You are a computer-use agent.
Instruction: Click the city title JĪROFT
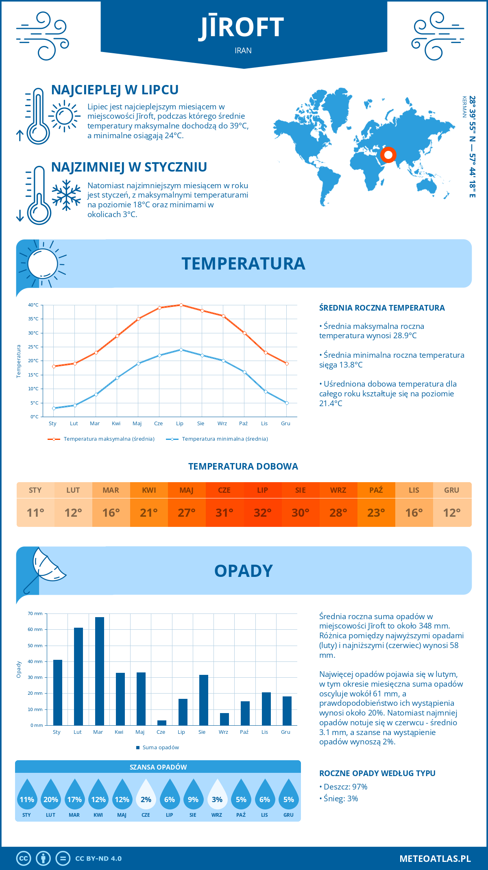243,27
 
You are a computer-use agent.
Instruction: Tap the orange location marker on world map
388,155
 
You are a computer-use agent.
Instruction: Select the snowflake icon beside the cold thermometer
66,195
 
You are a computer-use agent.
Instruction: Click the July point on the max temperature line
181,305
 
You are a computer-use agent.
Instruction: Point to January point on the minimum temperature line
54,408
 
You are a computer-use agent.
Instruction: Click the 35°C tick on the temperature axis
33,319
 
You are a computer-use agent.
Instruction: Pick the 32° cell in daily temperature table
262,513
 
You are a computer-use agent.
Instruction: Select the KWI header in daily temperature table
149,490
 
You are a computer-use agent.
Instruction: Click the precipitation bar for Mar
99,671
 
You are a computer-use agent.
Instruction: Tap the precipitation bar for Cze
161,722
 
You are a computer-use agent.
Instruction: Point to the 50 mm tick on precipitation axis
35,646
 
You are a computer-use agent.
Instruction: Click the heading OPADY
243,571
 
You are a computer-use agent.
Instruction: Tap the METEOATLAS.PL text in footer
435,859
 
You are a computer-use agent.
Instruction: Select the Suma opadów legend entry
161,748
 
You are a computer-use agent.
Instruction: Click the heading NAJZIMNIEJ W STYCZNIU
129,167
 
